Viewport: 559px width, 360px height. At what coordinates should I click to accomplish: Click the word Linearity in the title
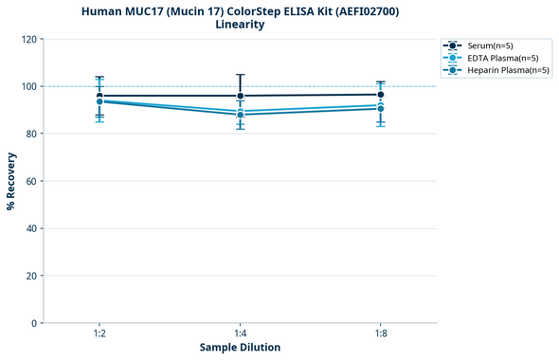[240, 25]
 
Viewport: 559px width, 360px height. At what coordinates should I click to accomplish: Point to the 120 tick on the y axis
[29, 40]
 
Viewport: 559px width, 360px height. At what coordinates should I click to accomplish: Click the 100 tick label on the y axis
[29, 87]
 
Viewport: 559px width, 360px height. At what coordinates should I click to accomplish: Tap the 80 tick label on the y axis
[32, 135]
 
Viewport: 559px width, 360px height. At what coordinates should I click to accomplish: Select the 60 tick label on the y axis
[32, 182]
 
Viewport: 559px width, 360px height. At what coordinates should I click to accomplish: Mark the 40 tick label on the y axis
[32, 229]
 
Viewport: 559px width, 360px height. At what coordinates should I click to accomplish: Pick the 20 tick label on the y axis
[32, 277]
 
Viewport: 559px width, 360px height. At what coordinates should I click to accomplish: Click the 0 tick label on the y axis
[35, 324]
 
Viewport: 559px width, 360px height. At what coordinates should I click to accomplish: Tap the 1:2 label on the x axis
[99, 334]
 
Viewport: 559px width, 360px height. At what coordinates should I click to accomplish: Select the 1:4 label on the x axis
[240, 334]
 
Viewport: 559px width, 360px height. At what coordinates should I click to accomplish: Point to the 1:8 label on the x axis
[381, 334]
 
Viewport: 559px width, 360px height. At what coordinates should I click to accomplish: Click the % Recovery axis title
[11, 181]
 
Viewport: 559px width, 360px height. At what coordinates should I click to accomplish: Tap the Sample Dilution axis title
[240, 348]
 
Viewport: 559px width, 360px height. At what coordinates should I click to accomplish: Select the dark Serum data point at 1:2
[99, 96]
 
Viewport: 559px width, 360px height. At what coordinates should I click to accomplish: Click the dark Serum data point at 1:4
[240, 96]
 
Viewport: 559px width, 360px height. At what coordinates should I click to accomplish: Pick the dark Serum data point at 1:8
[381, 95]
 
